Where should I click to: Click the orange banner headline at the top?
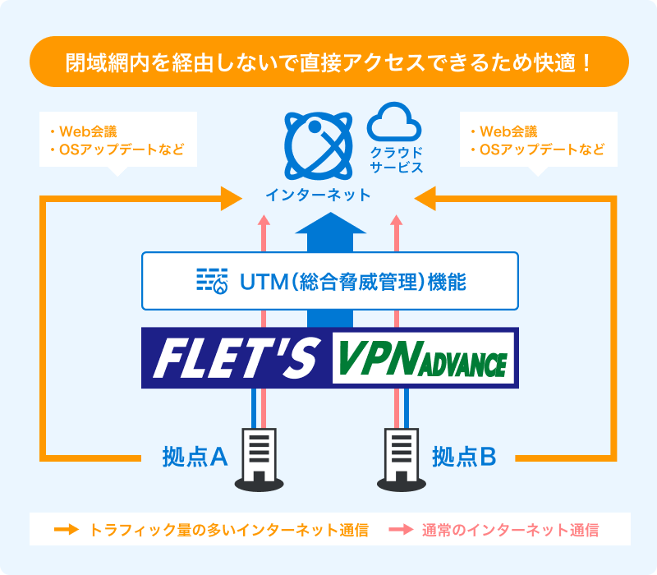328,62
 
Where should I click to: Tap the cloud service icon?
394,122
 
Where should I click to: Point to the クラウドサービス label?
396,159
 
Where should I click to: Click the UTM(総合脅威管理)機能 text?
352,281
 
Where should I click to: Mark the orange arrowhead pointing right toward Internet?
232,197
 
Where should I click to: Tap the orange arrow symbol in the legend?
65,530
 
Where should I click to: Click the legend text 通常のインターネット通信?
510,530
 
